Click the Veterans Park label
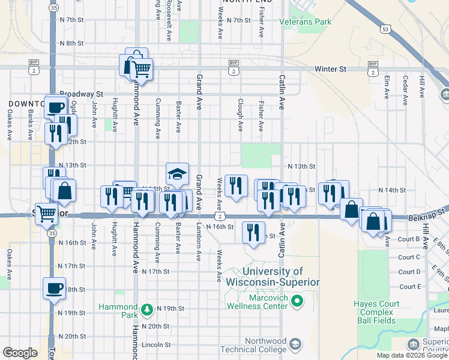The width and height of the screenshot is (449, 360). (305, 22)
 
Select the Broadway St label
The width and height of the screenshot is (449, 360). (82, 94)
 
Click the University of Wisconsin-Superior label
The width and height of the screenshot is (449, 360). (273, 277)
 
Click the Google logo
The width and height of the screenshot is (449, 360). (20, 352)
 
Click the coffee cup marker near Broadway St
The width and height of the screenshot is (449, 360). (56, 107)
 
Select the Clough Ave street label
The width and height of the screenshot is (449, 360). (240, 115)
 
